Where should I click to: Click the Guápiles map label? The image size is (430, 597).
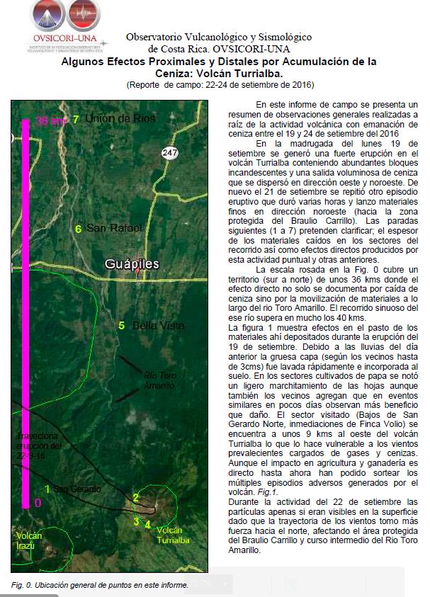pos(132,264)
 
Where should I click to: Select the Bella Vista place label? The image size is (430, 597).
pos(154,326)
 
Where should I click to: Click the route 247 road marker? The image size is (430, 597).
pos(169,153)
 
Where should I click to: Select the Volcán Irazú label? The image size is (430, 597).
pos(29,540)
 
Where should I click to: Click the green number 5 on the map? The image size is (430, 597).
pos(122,326)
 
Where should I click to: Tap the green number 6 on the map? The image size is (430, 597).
pos(78,228)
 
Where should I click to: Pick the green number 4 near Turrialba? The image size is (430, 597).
pos(147,525)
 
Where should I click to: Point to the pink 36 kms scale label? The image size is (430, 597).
pos(51,121)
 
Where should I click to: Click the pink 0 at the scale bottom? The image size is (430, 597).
pos(37,502)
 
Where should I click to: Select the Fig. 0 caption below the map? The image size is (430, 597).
pos(99,585)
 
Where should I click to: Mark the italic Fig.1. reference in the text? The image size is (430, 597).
pos(268,491)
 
